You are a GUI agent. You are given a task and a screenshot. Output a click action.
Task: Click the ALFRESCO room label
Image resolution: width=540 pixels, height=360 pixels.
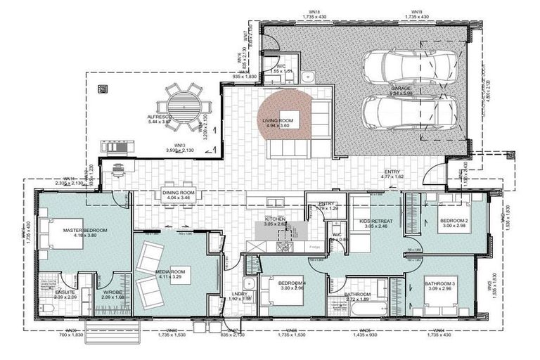click(160, 117)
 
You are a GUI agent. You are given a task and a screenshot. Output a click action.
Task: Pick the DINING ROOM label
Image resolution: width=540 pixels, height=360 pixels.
click(179, 193)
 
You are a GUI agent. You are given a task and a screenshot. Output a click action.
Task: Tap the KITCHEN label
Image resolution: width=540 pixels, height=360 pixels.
click(274, 220)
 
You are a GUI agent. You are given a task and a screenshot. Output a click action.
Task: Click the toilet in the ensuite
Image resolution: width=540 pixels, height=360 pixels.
click(45, 310)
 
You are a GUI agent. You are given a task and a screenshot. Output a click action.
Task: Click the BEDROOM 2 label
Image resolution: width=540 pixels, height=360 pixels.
click(453, 220)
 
